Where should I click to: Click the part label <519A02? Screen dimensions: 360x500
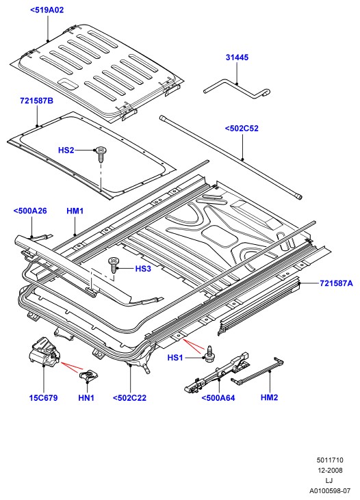click(47, 10)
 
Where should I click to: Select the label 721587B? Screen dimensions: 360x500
click(37, 101)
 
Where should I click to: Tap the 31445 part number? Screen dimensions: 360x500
click(237, 57)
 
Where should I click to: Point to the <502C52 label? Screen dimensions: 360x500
click(242, 129)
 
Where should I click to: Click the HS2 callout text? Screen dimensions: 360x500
click(66, 150)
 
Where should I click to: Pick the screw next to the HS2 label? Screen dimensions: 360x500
click(101, 155)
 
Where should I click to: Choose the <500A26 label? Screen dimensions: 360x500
click(30, 211)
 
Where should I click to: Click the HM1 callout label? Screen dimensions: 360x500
click(75, 211)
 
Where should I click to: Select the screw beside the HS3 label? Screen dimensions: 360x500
click(114, 265)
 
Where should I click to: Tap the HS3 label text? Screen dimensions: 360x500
click(143, 269)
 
